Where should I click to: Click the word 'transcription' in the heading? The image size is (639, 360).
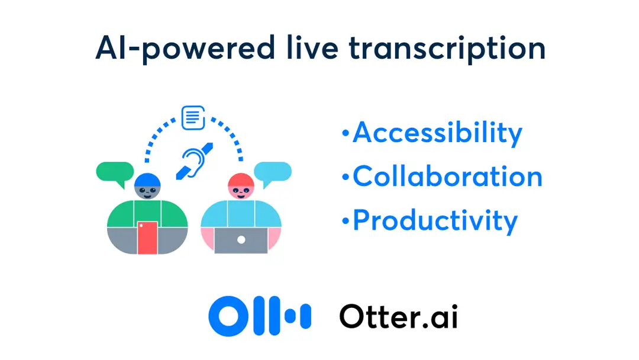447,49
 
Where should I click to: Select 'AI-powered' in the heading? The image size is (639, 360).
185,49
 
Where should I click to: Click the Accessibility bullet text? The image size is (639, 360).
437,133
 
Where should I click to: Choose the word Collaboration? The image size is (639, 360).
447,176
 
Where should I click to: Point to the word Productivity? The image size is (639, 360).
435,221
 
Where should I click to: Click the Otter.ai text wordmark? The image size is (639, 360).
399,316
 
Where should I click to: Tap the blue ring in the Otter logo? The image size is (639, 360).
228,316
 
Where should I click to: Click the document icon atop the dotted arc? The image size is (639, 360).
193,118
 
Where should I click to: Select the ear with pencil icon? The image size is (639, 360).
195,162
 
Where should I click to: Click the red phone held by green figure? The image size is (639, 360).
147,237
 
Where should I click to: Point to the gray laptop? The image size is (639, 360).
241,240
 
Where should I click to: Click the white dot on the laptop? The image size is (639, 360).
241,240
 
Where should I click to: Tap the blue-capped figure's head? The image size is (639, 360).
147,187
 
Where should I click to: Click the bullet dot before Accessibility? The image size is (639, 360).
346,133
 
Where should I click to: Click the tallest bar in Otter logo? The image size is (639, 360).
275,316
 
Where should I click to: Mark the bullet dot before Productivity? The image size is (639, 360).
346,221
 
